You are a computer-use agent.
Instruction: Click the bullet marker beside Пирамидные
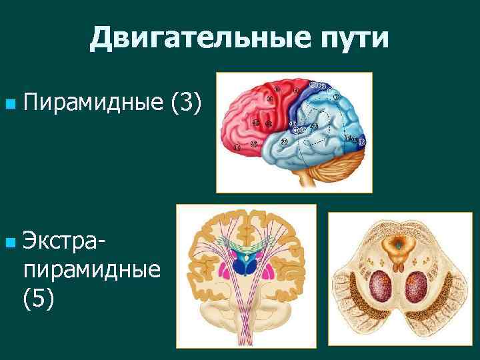[x=8, y=104]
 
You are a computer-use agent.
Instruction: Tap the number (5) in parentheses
[x=39, y=300]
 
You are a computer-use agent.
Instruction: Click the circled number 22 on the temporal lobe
[x=284, y=142]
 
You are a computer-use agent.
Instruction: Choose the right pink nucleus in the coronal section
[x=269, y=273]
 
